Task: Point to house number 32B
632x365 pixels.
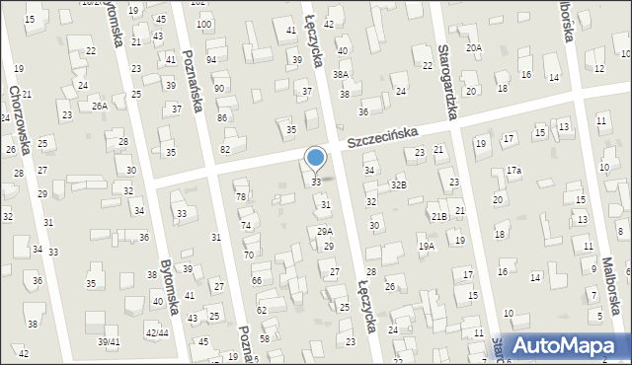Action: click(398, 183)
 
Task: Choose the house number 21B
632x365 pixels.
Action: click(439, 216)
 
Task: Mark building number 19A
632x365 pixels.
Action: click(426, 246)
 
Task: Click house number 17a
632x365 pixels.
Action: click(513, 171)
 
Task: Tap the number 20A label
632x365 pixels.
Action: click(474, 47)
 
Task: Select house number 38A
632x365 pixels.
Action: click(341, 74)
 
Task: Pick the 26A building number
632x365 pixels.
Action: click(100, 106)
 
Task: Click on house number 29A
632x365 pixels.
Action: click(324, 231)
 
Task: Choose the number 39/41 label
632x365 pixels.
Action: click(109, 341)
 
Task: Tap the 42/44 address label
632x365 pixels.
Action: click(157, 332)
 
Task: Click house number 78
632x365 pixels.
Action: click(241, 197)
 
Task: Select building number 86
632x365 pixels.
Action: click(223, 118)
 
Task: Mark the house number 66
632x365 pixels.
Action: click(257, 281)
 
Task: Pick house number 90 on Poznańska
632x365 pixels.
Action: click(219, 89)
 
